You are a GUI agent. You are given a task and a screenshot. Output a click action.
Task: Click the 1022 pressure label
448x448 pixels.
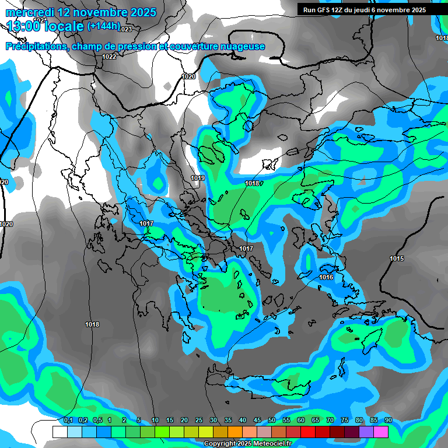109,57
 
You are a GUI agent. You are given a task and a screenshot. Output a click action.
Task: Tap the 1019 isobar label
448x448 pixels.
198,178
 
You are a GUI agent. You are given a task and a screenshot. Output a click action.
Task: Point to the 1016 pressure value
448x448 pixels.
326,277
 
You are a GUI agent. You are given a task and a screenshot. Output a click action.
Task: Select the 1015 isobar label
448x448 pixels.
397,258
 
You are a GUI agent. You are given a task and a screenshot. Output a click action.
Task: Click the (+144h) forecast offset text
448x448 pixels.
103,26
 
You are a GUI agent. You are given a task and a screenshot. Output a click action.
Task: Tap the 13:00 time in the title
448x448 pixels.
23,26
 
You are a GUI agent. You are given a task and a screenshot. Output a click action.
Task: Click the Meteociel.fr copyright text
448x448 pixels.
247,444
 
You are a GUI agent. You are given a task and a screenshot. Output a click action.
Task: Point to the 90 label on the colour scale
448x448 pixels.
388,421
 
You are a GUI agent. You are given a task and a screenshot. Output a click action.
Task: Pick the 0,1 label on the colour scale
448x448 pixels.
68,421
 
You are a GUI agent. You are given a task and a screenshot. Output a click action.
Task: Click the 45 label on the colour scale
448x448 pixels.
257,421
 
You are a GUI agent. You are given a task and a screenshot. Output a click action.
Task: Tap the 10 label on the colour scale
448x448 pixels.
155,421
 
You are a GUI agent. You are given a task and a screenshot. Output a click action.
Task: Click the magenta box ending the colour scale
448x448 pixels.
381,432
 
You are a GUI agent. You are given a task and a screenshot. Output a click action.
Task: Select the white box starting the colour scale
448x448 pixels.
60,432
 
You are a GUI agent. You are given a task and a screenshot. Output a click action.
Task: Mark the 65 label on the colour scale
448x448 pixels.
316,421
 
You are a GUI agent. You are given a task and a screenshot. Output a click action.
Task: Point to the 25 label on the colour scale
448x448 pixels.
199,421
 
